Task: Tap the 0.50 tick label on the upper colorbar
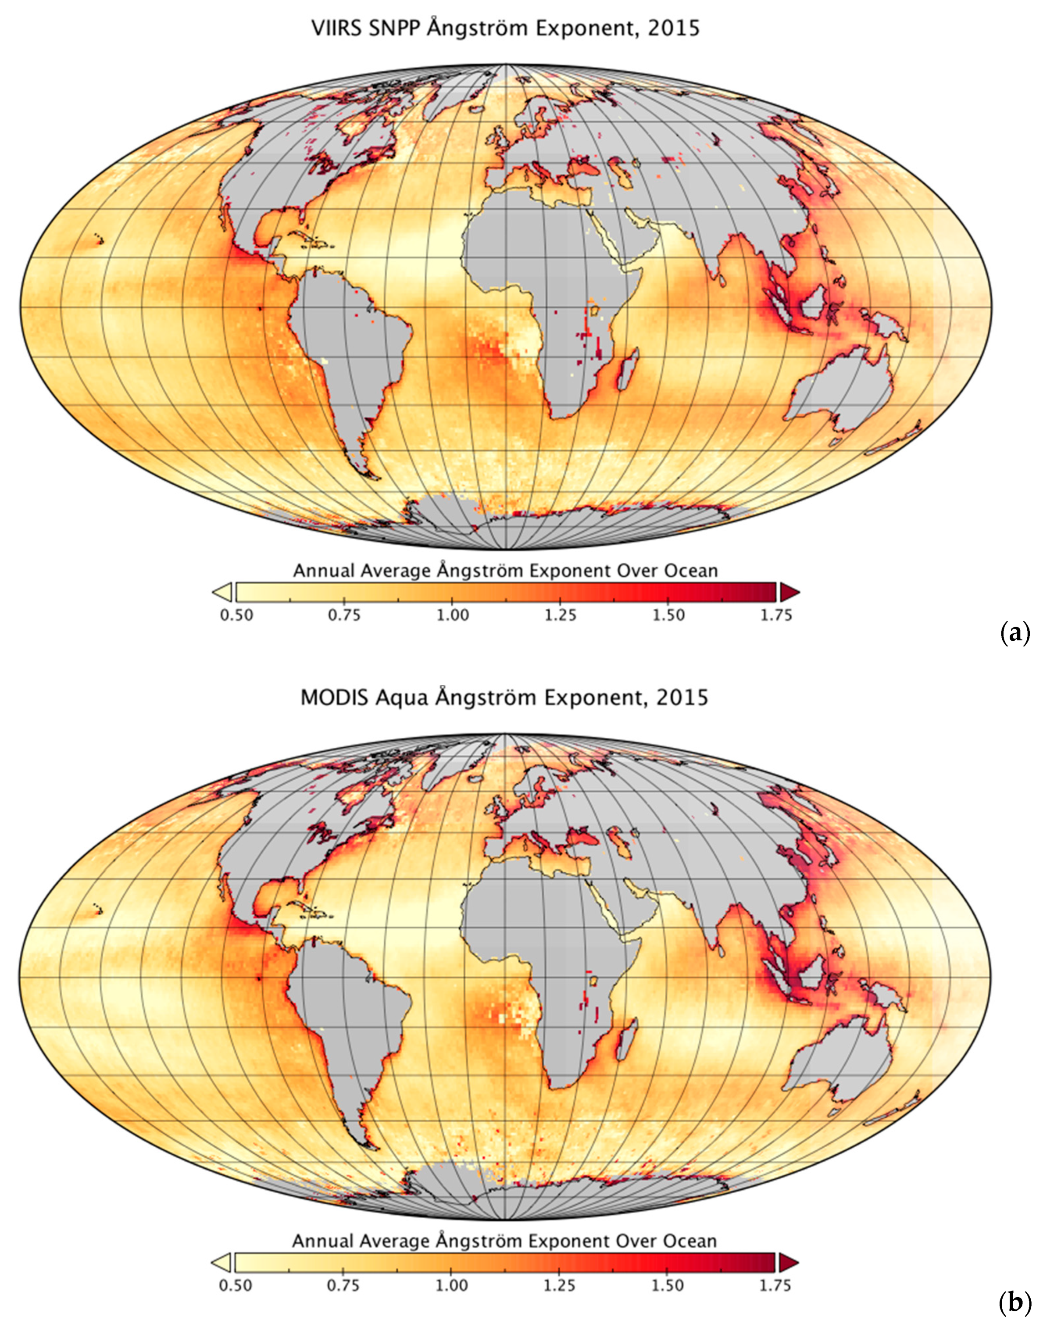click(236, 615)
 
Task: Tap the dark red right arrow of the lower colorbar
click(789, 1262)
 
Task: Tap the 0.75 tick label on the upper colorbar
click(344, 615)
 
